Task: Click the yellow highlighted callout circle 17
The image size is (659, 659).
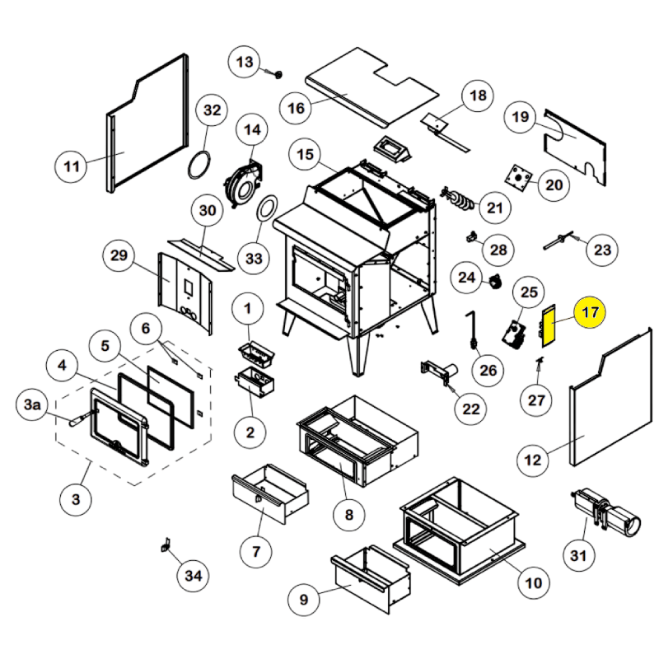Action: [x=590, y=314]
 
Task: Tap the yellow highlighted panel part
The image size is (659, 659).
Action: [x=549, y=326]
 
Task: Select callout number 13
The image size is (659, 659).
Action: [x=245, y=62]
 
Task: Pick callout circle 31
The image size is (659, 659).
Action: [x=578, y=556]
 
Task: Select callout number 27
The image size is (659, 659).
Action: [x=536, y=400]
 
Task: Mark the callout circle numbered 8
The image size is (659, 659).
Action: [x=348, y=516]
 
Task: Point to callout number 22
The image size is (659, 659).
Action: [x=470, y=406]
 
